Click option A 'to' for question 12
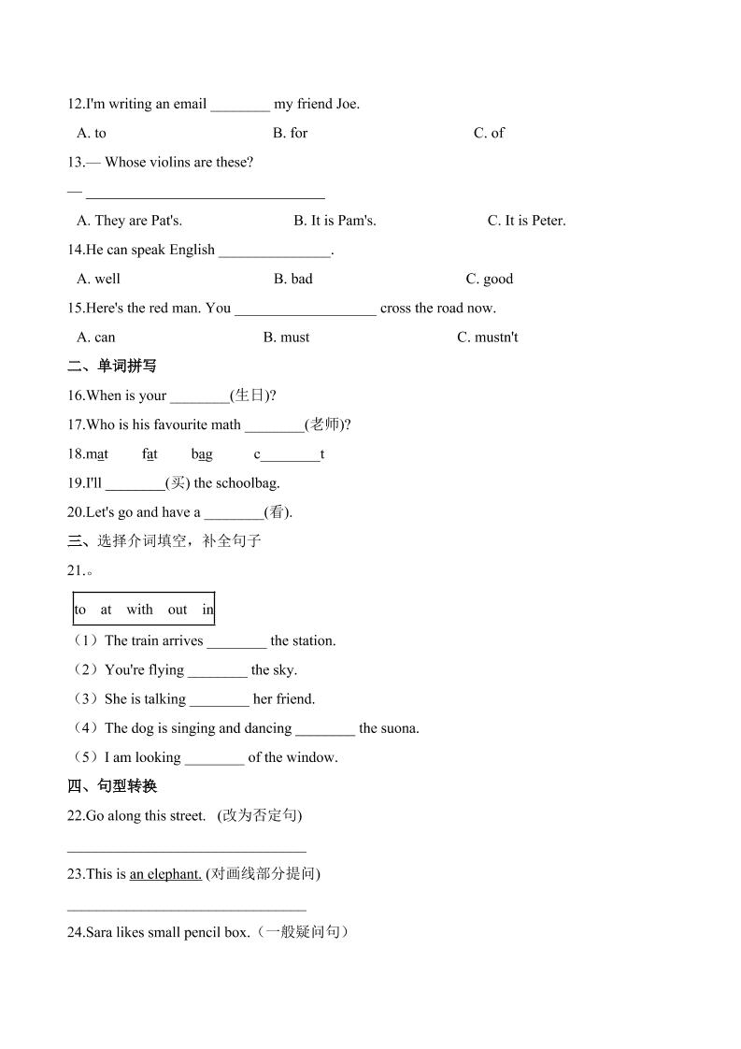click(x=93, y=133)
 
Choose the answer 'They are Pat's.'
click(x=130, y=221)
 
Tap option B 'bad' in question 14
click(x=293, y=279)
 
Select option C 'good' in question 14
click(x=490, y=279)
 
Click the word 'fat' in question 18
click(x=150, y=454)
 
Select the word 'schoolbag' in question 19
click(x=245, y=483)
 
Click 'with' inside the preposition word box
click(x=139, y=610)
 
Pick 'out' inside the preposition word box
click(x=178, y=610)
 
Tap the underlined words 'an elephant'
click(x=165, y=874)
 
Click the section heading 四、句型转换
click(x=113, y=786)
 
